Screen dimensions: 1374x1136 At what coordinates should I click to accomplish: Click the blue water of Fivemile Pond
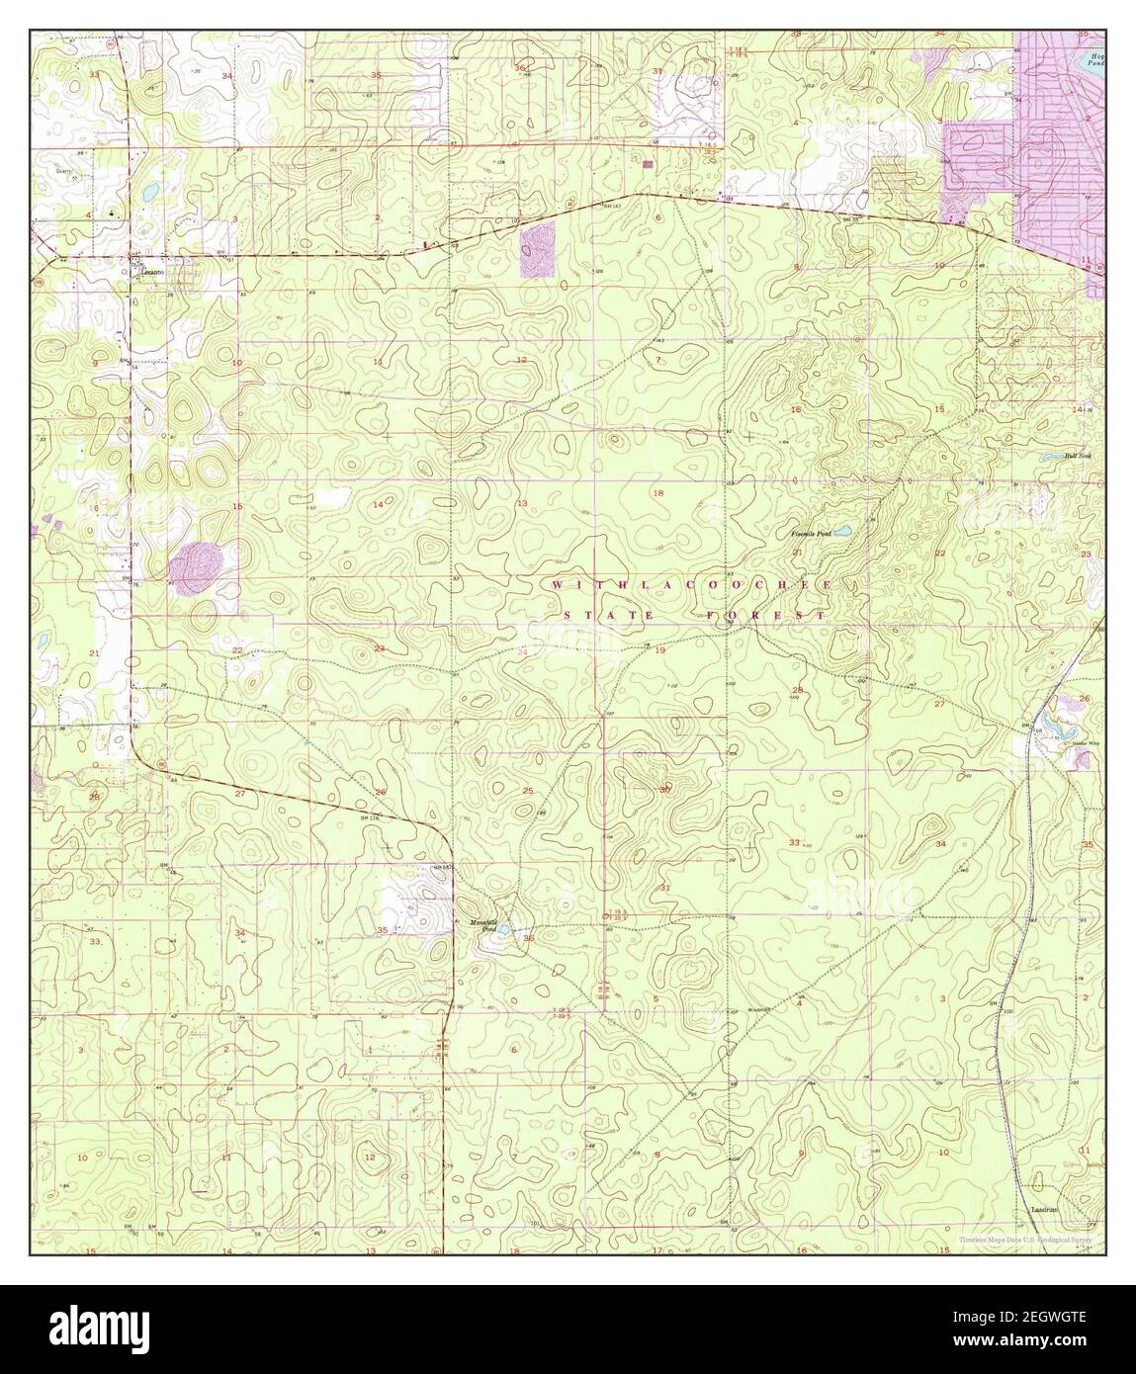(841, 532)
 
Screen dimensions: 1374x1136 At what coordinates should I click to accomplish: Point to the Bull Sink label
(1076, 456)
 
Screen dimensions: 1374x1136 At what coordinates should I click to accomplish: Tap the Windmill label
(759, 1009)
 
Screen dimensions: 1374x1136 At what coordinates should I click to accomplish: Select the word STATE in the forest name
(595, 616)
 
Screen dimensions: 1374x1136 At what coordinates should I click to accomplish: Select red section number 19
(659, 650)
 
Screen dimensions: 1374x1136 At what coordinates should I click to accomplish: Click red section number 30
(664, 789)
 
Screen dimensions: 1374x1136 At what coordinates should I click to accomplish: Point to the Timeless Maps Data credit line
(1030, 1242)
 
